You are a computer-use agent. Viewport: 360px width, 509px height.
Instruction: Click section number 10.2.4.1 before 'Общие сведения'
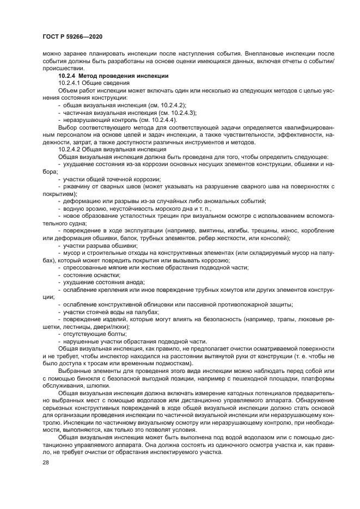click(x=71, y=82)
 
